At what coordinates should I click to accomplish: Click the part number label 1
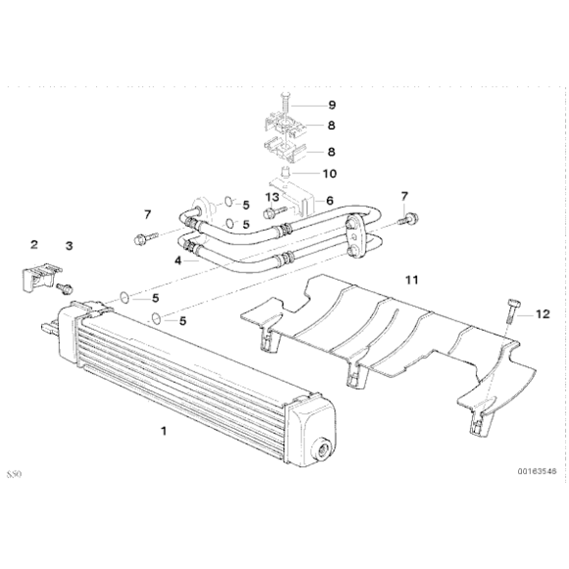click(164, 431)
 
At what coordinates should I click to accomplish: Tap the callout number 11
click(412, 281)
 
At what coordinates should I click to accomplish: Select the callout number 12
click(543, 314)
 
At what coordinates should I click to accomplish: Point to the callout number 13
click(272, 197)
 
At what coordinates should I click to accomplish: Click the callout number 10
click(330, 174)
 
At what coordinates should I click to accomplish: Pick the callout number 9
click(332, 105)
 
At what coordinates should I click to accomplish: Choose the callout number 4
click(178, 261)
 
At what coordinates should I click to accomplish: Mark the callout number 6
click(330, 200)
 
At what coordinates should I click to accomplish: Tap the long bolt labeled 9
click(284, 105)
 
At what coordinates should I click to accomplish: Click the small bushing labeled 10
click(285, 171)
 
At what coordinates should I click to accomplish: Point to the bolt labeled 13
click(275, 212)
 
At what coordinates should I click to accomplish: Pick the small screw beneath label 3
click(65, 288)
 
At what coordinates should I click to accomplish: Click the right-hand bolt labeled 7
click(408, 219)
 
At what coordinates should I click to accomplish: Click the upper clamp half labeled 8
click(284, 124)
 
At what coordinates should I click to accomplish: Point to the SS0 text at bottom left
click(14, 474)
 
